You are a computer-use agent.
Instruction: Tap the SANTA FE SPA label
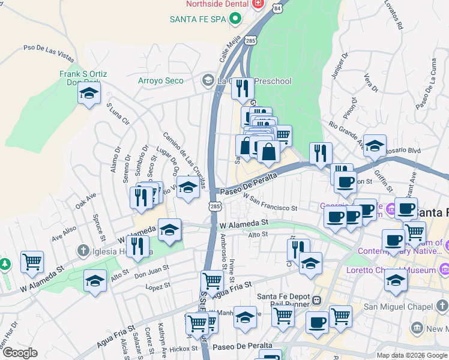198,19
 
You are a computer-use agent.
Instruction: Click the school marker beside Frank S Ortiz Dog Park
89,94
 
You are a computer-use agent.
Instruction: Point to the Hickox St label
183,348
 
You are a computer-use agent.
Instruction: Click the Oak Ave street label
86,200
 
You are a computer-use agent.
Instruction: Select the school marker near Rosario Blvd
374,146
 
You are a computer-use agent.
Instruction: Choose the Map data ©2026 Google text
411,355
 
